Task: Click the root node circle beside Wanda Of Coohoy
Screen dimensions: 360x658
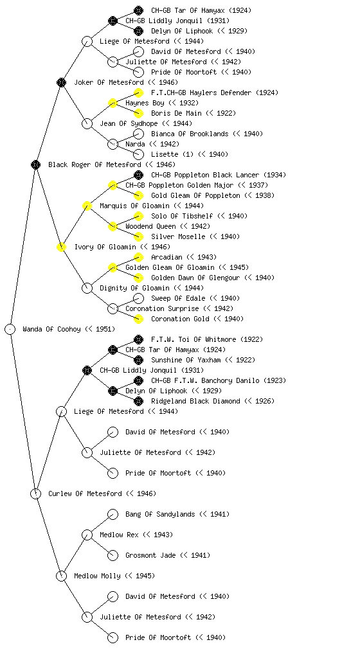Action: [10, 329]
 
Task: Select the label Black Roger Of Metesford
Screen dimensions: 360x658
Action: [94, 164]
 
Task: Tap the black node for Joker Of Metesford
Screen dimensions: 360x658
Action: [61, 82]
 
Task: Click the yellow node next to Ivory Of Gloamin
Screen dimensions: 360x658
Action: [61, 247]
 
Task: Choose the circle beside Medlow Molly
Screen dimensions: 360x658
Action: [61, 576]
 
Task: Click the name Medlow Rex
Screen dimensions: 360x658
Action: [119, 535]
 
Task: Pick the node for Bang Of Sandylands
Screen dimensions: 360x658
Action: [113, 514]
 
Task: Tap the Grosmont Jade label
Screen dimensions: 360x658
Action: [150, 555]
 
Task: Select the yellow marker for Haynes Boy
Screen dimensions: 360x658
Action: [113, 103]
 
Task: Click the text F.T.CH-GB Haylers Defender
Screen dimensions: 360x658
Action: [201, 93]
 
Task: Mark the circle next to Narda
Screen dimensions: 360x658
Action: [113, 144]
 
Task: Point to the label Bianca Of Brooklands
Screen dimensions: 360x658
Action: [190, 134]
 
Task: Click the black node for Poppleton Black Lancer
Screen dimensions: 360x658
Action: [138, 175]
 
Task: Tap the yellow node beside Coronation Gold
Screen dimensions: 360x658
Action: [138, 319]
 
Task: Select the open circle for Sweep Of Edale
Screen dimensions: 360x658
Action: [138, 298]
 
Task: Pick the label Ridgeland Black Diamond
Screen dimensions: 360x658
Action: [195, 401]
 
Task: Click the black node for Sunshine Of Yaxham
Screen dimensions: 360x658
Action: [138, 360]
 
